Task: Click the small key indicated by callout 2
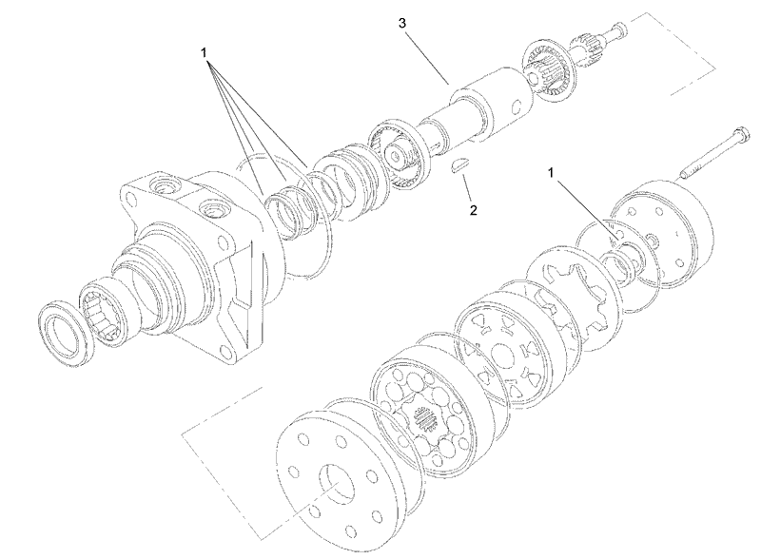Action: (459, 163)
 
